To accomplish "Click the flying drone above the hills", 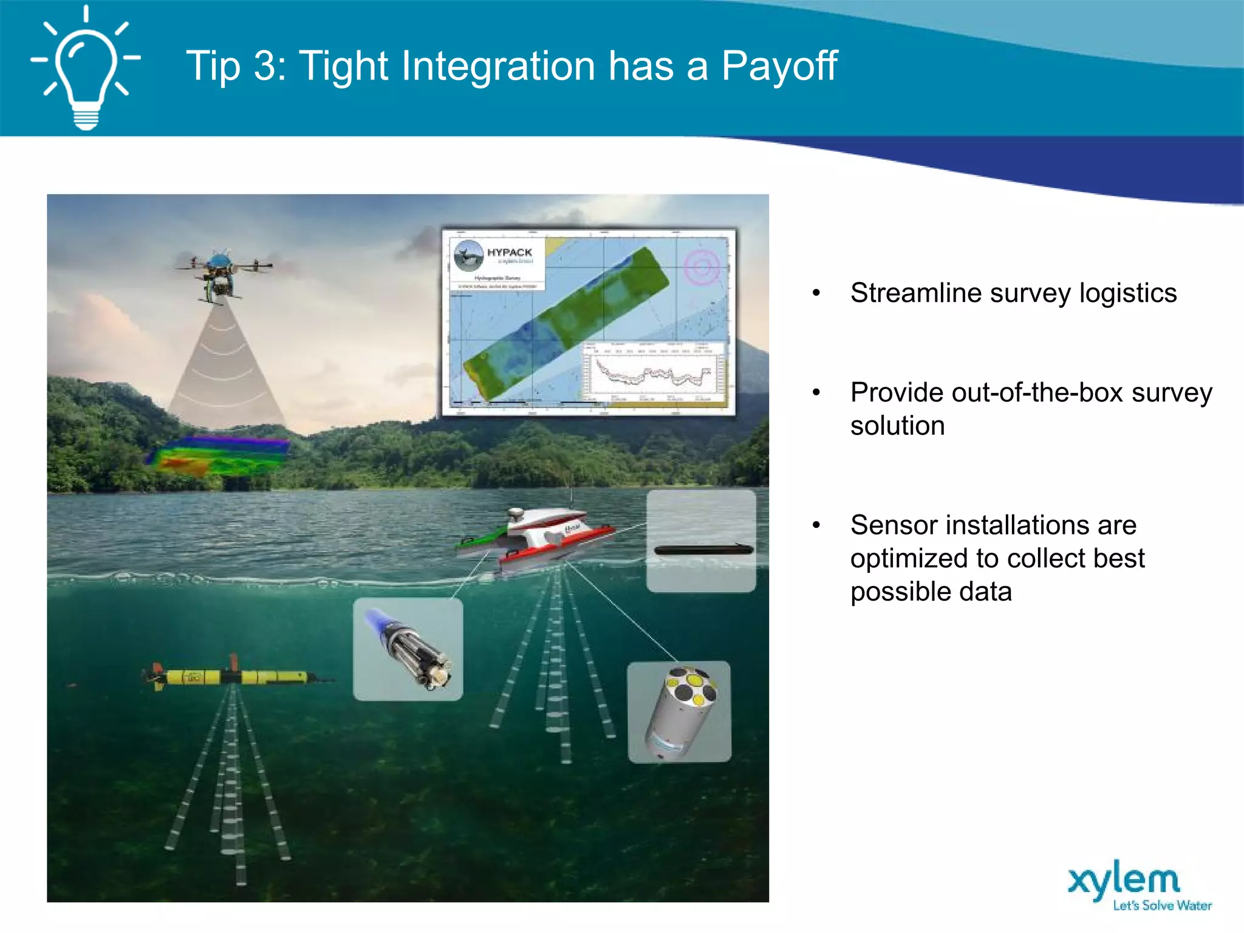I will pyautogui.click(x=222, y=273).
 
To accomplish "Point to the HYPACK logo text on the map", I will pyautogui.click(x=509, y=252).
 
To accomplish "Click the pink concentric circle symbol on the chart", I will pyautogui.click(x=702, y=267).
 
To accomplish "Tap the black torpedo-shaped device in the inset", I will pyautogui.click(x=703, y=550).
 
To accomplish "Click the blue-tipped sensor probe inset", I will pyautogui.click(x=408, y=649).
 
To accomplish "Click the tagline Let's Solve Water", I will pyautogui.click(x=1161, y=906).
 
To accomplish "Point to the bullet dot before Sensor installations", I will pyautogui.click(x=816, y=525).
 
